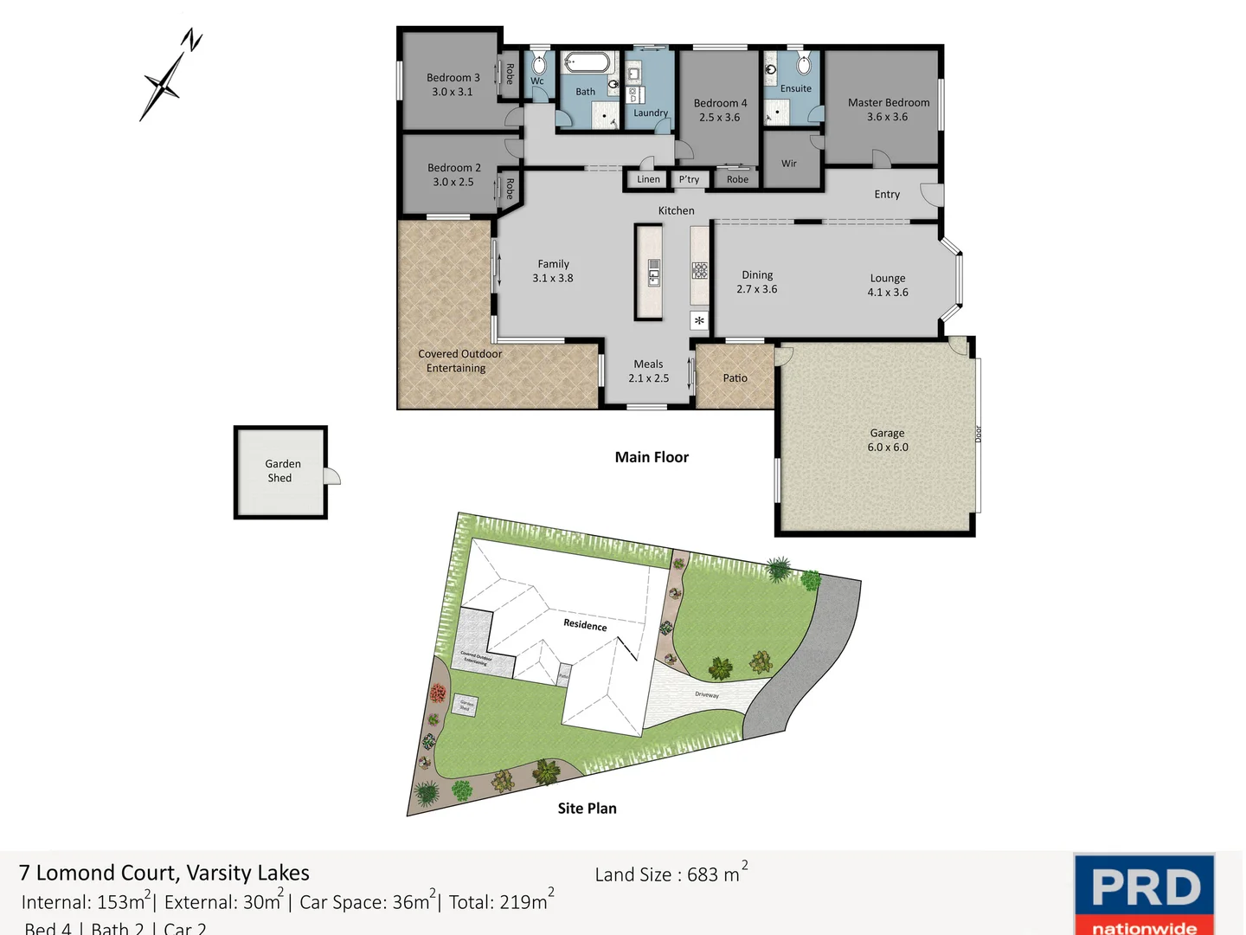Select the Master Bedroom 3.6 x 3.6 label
pyautogui.click(x=889, y=109)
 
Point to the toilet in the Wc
pyautogui.click(x=538, y=64)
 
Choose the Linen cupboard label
pyautogui.click(x=648, y=179)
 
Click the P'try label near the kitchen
pyautogui.click(x=690, y=179)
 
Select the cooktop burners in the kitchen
pyautogui.click(x=700, y=270)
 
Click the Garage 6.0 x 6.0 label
pyautogui.click(x=888, y=440)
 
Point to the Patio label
pyautogui.click(x=735, y=378)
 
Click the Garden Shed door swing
pyautogui.click(x=332, y=476)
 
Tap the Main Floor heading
pyautogui.click(x=652, y=457)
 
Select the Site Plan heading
pyautogui.click(x=587, y=809)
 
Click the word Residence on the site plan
pyautogui.click(x=585, y=624)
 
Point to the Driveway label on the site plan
pyautogui.click(x=707, y=694)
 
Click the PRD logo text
pyautogui.click(x=1146, y=887)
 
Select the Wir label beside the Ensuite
pyautogui.click(x=789, y=164)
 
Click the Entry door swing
pyautogui.click(x=930, y=194)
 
